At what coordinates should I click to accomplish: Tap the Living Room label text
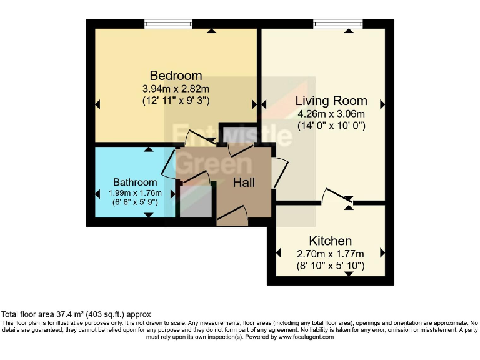point(331,101)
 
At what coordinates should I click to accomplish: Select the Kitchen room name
point(331,241)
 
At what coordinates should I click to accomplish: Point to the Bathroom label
point(135,182)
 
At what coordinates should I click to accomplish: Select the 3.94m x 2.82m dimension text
point(176,89)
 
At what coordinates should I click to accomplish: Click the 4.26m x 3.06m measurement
point(331,114)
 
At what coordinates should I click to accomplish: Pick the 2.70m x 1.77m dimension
point(331,254)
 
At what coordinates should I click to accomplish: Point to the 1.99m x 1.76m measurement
point(135,192)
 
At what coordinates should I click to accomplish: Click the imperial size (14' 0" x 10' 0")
point(331,125)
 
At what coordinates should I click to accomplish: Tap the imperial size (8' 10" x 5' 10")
point(331,266)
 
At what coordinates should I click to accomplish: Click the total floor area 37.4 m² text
point(76,314)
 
